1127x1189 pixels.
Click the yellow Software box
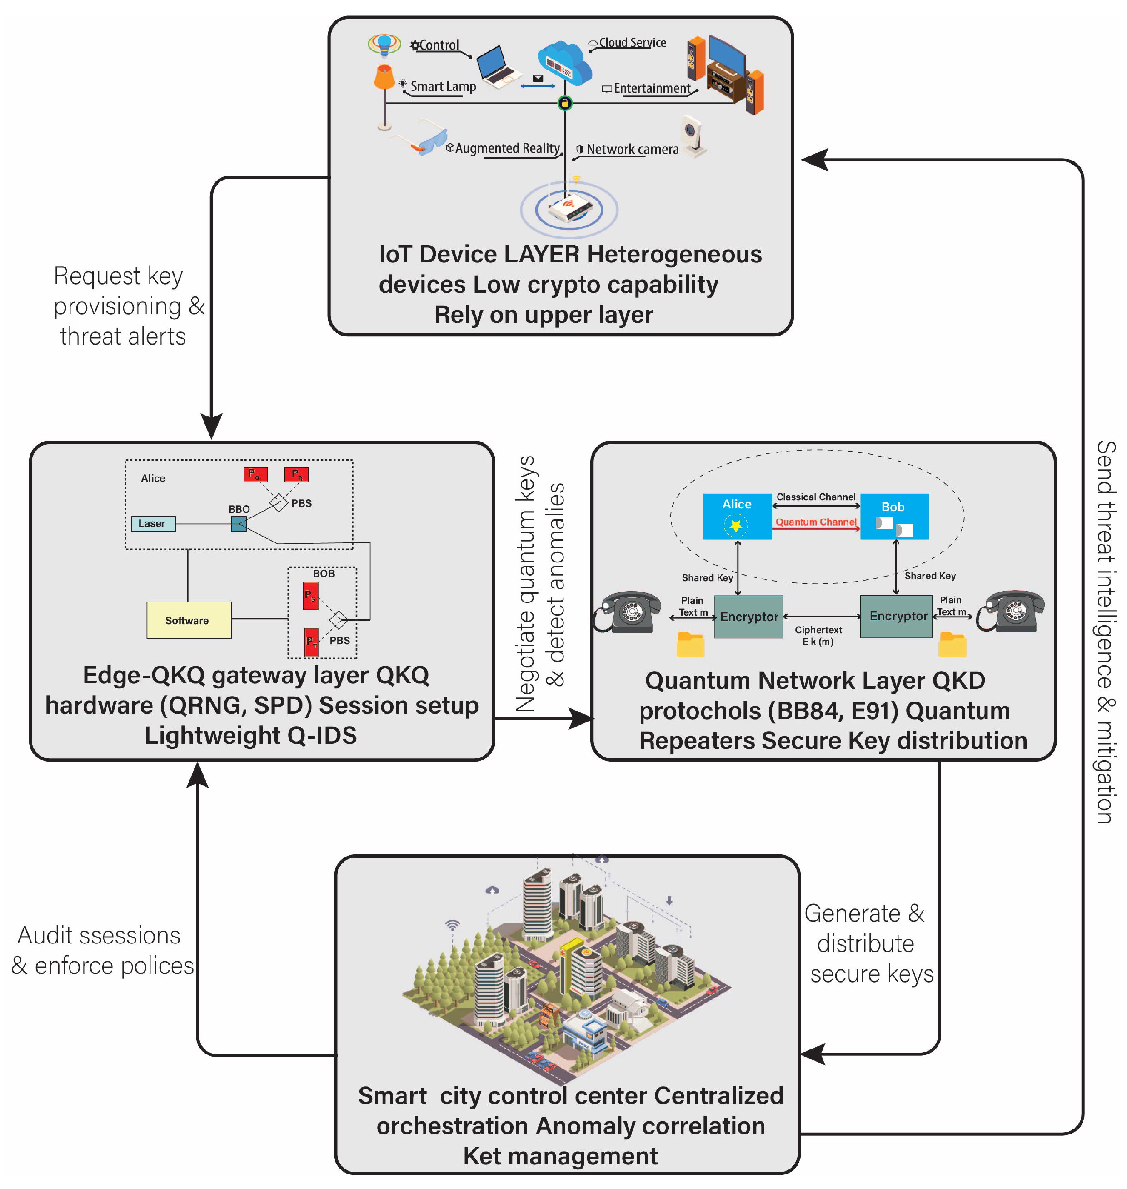[x=189, y=620]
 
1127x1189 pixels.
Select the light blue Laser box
[x=153, y=523]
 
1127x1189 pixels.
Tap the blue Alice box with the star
[x=737, y=517]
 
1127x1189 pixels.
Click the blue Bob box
[x=894, y=517]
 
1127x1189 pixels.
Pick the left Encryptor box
[x=748, y=616]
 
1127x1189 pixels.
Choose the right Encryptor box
[x=896, y=616]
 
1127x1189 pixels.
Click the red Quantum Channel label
[x=816, y=522]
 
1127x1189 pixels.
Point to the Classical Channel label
[x=816, y=497]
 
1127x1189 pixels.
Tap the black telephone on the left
[x=628, y=612]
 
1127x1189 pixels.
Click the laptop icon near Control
[x=498, y=67]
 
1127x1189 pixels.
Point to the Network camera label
[x=633, y=149]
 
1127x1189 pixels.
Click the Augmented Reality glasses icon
[x=420, y=140]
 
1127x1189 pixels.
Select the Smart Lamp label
[x=443, y=86]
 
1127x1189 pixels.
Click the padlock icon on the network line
[x=565, y=103]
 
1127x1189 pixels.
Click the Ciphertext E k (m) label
[x=818, y=635]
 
